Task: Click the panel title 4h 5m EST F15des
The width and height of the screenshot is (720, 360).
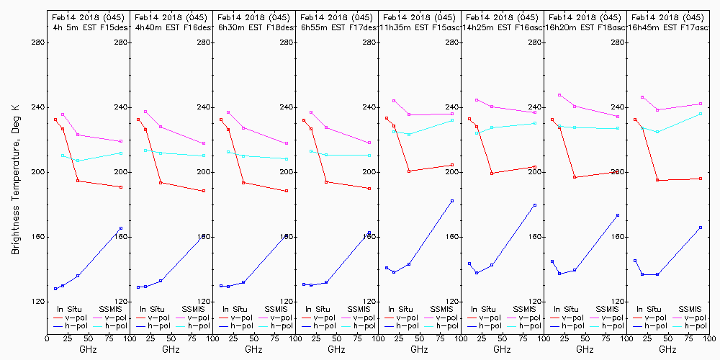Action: [89, 27]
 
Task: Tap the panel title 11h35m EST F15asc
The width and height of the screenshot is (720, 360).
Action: [420, 27]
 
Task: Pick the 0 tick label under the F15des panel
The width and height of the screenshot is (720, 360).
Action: [47, 337]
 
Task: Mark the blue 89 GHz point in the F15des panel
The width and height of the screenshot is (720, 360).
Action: [121, 228]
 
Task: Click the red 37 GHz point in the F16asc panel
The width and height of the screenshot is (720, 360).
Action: [492, 174]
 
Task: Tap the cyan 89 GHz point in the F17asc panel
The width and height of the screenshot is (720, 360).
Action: [701, 114]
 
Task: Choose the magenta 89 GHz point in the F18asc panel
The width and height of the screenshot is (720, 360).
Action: [618, 117]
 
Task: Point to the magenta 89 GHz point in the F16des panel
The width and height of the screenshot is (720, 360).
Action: [204, 143]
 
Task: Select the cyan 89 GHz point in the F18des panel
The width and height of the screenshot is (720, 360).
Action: [287, 159]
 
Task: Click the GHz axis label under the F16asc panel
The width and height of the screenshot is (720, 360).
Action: [502, 349]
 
